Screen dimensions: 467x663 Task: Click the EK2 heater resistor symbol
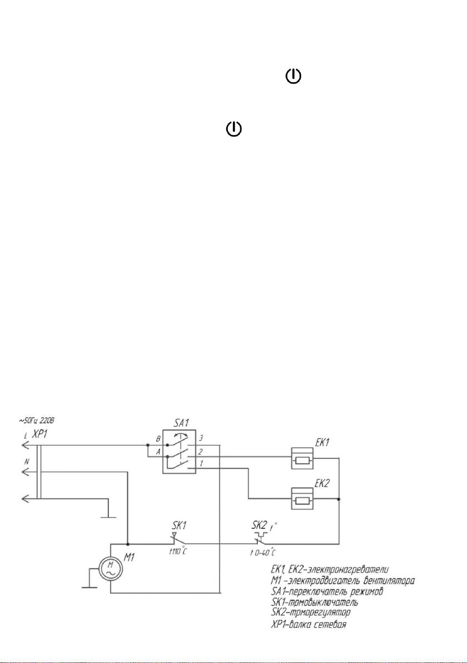coord(302,499)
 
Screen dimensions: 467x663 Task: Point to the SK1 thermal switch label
coord(180,525)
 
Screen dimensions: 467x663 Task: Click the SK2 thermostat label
coord(260,525)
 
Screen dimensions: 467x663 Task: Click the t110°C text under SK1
coord(178,551)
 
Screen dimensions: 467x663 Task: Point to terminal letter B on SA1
coord(158,438)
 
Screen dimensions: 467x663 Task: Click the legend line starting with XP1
coord(309,624)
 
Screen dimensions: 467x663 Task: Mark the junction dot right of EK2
coord(339,499)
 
